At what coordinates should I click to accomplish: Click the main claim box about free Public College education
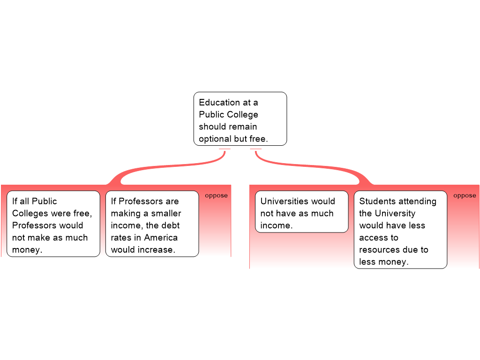[x=240, y=119]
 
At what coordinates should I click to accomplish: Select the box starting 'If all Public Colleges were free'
[x=53, y=224]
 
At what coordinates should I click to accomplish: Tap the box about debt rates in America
[x=152, y=224]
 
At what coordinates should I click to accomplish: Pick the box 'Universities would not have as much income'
[x=301, y=211]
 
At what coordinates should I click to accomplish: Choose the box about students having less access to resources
[x=400, y=229]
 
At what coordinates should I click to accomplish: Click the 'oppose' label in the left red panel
[x=216, y=195]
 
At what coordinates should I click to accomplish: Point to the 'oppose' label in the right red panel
[x=465, y=195]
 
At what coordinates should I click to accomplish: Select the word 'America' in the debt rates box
[x=161, y=238]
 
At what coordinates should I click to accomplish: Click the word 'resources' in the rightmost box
[x=379, y=250]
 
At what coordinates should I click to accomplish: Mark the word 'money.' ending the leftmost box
[x=27, y=250]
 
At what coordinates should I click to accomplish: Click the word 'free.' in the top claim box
[x=257, y=139]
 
